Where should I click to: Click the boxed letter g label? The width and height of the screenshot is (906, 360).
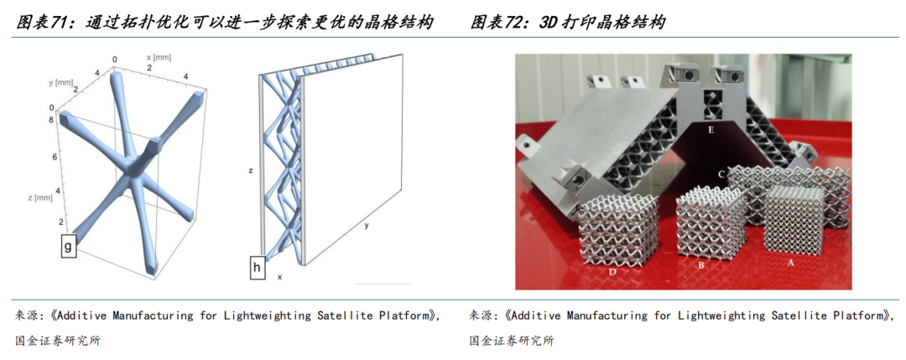pos(67,245)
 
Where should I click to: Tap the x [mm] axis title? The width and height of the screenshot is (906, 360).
pos(160,57)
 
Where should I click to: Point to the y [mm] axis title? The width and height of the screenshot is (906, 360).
pos(61,82)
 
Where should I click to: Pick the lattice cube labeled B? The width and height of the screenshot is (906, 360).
pos(711,227)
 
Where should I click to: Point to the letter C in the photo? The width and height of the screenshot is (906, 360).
pos(721,174)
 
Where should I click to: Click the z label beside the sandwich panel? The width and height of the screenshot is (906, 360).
pos(251,170)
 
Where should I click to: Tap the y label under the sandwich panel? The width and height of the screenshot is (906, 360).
pos(367,226)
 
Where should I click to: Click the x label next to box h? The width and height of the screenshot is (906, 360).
pos(279,275)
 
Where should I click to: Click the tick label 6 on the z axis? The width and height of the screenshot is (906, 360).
pos(55,157)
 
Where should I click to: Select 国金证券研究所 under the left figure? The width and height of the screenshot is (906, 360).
pos(59,340)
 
